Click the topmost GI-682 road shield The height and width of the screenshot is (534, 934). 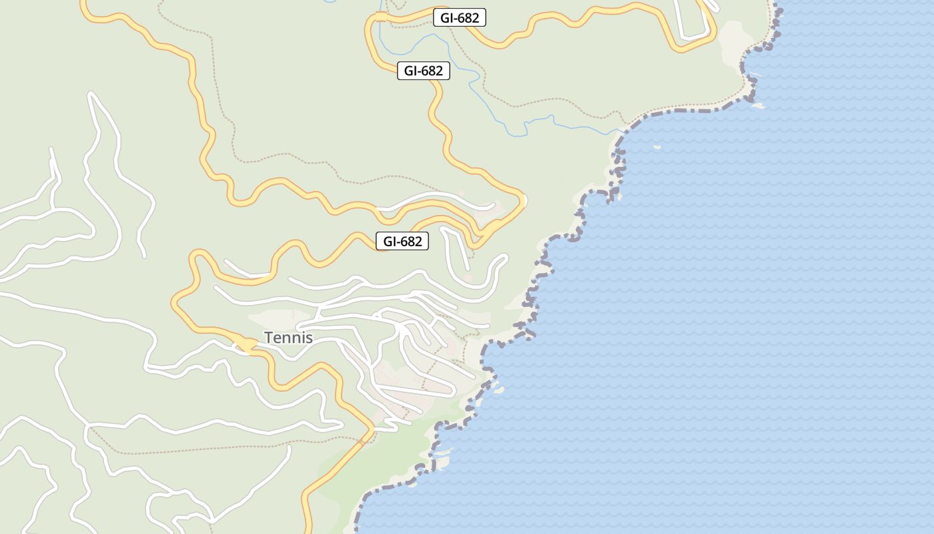coord(460,18)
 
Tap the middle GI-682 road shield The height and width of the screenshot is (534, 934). coord(424,71)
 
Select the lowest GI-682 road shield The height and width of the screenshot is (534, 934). coord(402,242)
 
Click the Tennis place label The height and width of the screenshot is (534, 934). coord(288,338)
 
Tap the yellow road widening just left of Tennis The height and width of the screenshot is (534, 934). coord(246,344)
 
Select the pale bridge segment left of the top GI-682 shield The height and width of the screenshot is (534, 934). coord(381,17)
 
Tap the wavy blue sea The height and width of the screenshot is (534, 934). coord(734,300)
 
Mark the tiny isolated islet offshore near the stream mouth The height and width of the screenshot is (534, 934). coord(656,148)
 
